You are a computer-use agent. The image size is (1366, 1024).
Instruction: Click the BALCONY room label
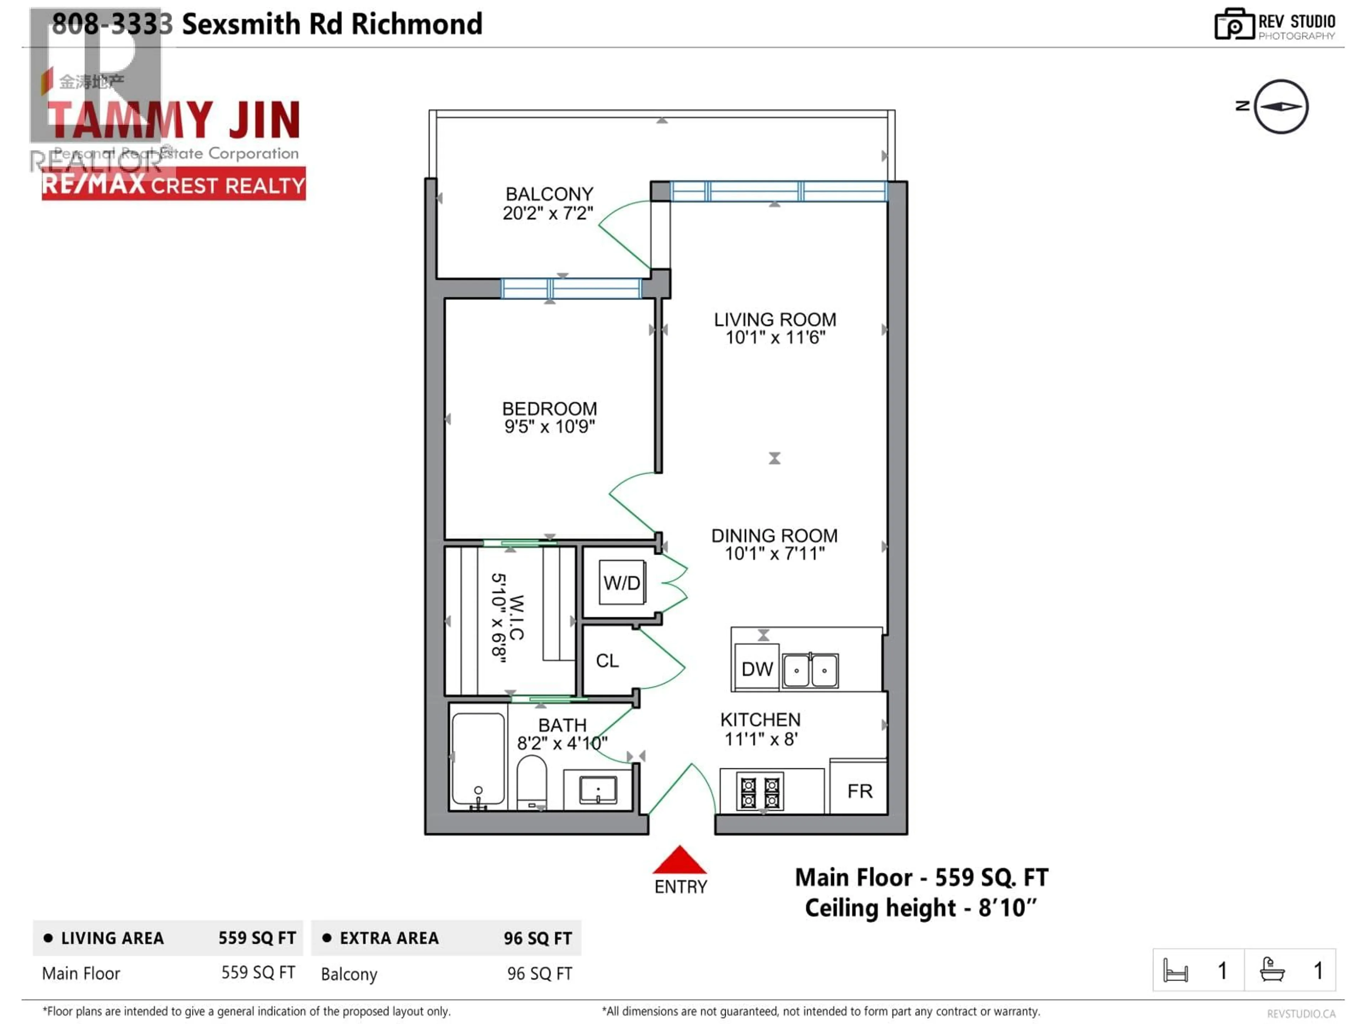point(549,194)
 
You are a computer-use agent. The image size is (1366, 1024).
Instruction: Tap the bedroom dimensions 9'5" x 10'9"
point(549,427)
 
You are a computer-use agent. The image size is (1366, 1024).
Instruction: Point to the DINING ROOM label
point(774,536)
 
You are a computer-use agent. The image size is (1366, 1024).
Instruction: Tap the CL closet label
point(607,661)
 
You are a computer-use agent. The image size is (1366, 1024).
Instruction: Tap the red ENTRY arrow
point(679,860)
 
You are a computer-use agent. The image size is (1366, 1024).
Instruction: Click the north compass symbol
point(1281,107)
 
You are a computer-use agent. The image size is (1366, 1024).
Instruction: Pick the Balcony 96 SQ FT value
point(539,974)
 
